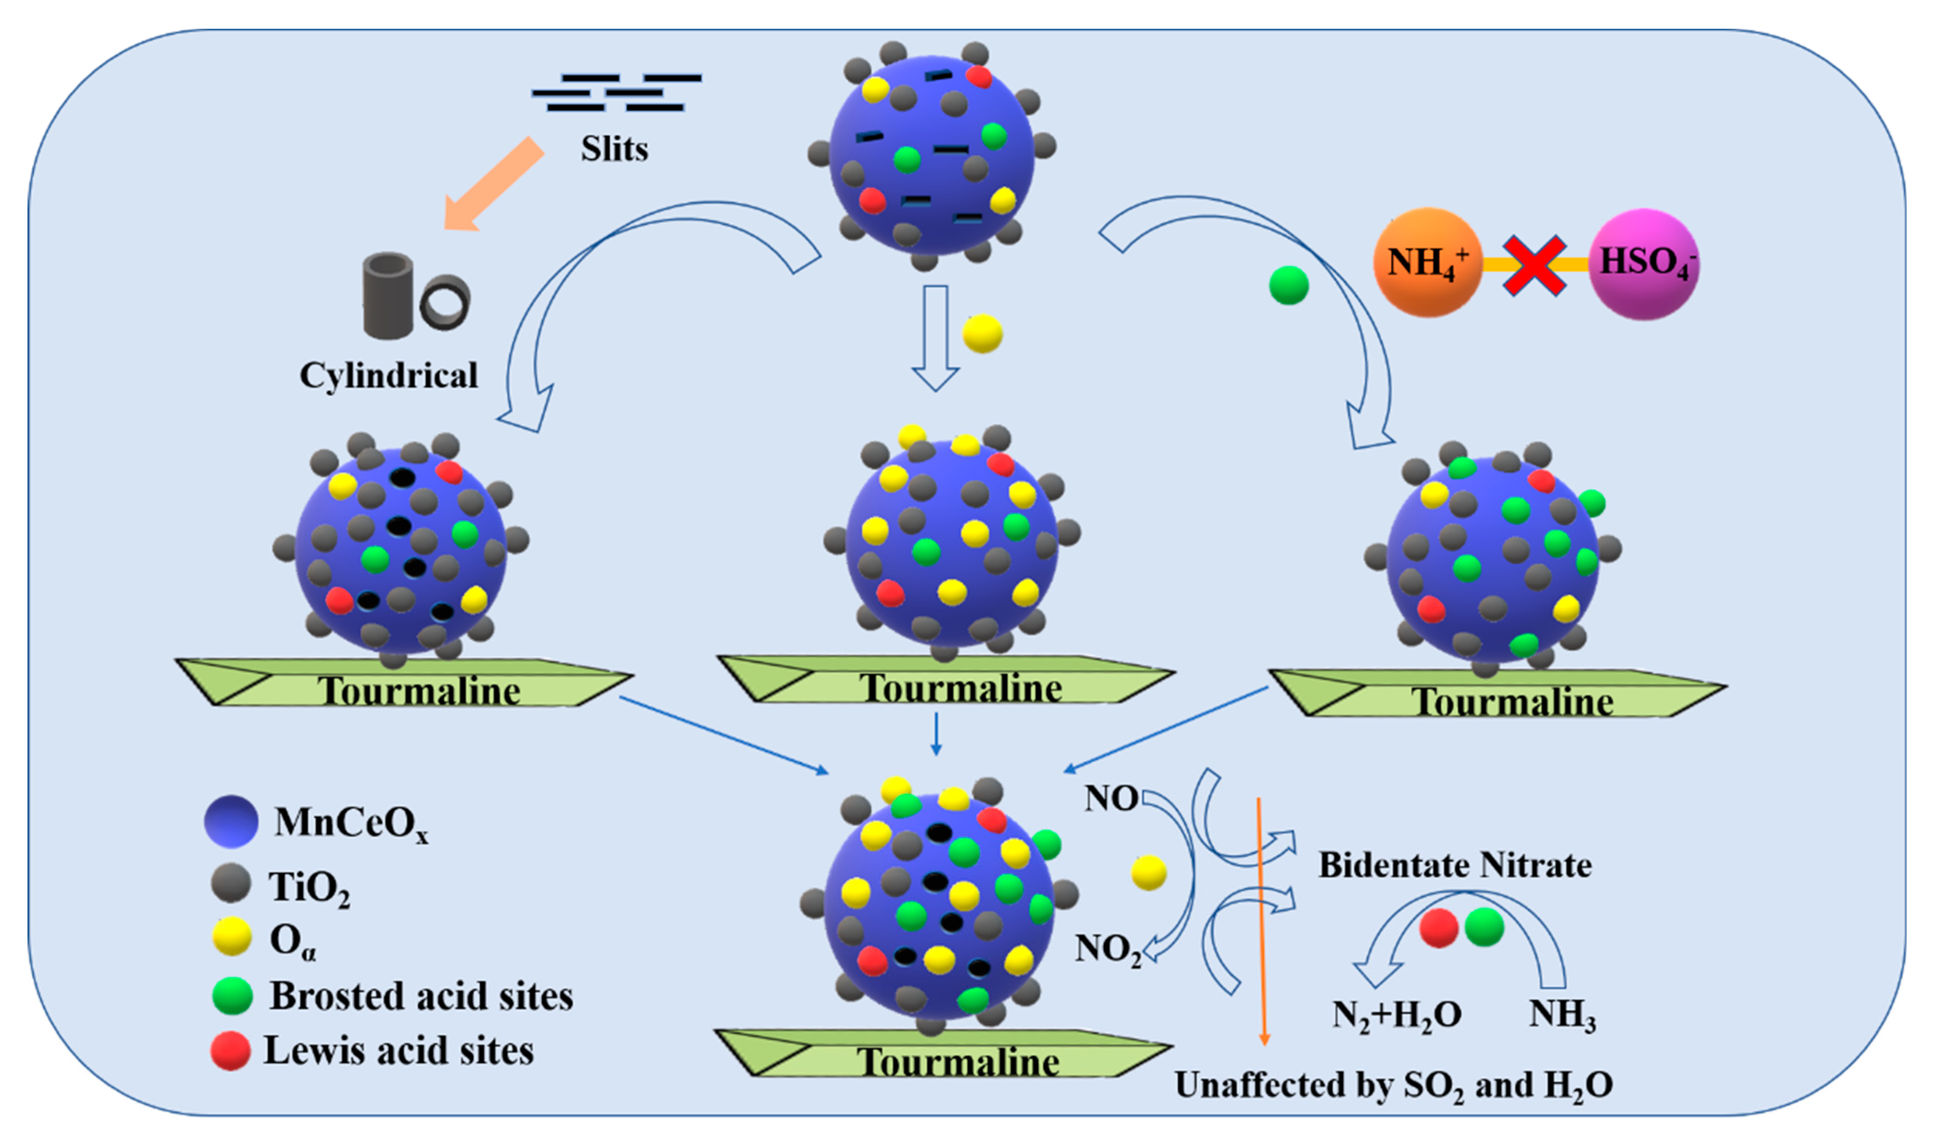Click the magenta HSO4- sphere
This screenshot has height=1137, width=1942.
pos(1644,264)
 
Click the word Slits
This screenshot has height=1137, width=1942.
pos(614,149)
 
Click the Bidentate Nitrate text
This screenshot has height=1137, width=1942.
pos(1455,865)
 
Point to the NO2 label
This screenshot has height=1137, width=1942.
pos(1107,949)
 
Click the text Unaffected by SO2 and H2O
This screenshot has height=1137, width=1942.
pos(1393,1085)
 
